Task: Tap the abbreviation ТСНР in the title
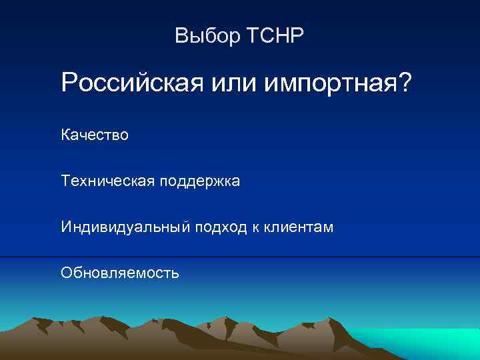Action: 275,36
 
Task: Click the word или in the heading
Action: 226,84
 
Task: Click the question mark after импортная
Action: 405,84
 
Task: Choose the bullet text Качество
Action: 95,135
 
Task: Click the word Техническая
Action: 107,181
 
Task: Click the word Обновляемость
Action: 120,273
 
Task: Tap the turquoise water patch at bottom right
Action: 427,340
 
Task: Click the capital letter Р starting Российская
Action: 69,84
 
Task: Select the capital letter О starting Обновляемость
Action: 66,273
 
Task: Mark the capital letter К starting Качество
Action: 65,135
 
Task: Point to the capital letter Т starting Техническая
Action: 65,181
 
